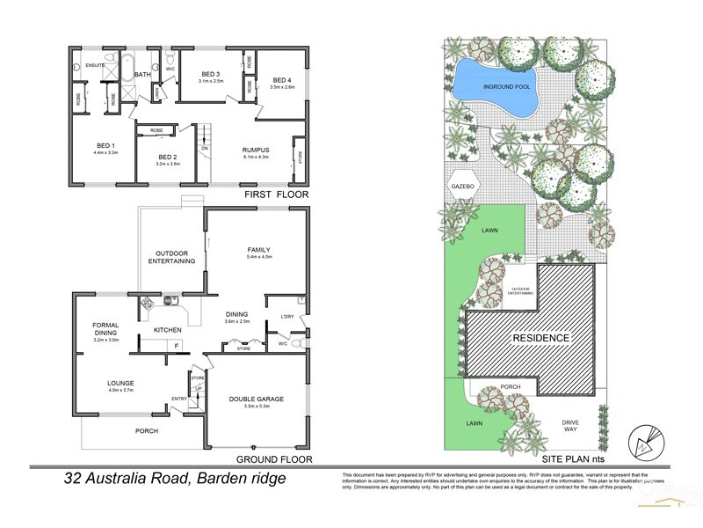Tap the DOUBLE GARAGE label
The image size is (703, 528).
257,399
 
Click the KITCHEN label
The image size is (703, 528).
167,330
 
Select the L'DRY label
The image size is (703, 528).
286,316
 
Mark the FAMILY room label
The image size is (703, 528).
258,250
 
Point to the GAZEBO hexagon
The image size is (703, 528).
462,188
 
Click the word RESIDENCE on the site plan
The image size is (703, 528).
536,338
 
